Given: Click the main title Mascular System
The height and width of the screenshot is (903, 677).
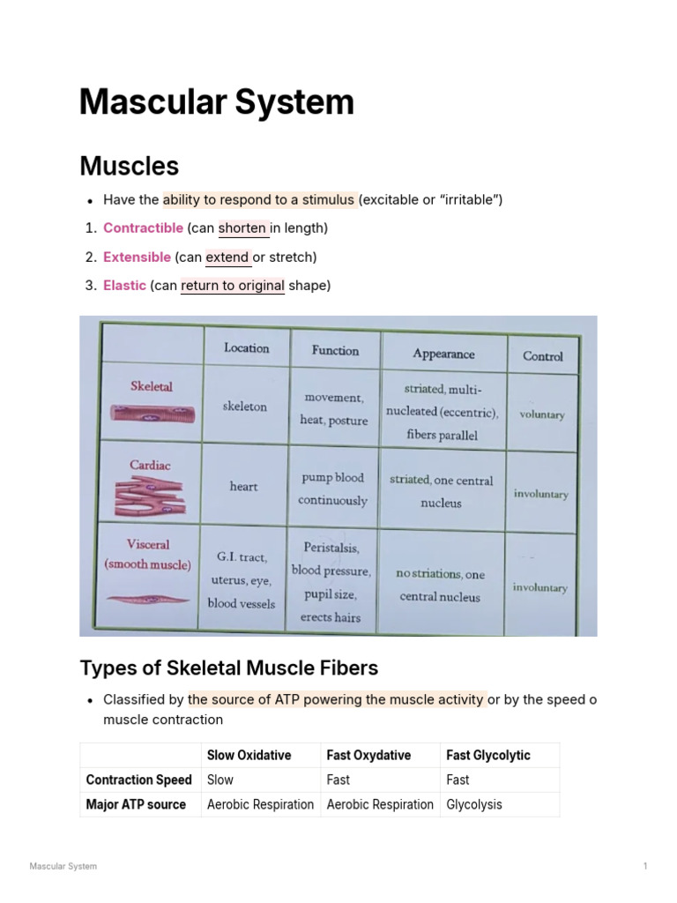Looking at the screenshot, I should coord(216,102).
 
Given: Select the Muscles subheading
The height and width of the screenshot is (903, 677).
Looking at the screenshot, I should coord(129,166).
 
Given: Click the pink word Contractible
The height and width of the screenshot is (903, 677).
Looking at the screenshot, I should coord(143,228).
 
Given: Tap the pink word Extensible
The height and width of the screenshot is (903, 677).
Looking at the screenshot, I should coord(137,257).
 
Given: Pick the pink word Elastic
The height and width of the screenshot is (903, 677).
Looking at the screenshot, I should coord(124,286).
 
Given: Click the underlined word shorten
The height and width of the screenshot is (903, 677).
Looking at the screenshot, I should coord(242,228).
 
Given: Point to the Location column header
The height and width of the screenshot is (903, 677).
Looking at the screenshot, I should coord(246,348).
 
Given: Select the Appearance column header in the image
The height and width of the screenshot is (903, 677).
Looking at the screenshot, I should coord(443,354).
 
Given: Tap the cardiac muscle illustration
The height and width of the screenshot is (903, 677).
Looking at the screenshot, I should coord(148,496).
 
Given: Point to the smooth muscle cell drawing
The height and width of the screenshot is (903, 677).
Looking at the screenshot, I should coord(148,599).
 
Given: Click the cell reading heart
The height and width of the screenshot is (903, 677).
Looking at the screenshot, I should coord(244,487).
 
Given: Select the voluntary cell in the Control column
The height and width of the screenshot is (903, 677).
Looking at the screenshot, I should coord(542,414).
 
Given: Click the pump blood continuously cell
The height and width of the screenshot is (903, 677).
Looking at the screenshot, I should coord(333,489).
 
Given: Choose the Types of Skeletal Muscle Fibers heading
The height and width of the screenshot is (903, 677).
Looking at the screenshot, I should coord(229,668).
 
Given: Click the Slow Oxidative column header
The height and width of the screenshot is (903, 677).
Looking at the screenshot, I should coord(249,755).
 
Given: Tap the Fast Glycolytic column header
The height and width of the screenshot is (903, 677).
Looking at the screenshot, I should coord(488,755).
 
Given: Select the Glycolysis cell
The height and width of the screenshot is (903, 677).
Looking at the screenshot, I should coord(474,804).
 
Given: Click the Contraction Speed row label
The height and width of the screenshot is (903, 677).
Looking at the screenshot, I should coord(138,780).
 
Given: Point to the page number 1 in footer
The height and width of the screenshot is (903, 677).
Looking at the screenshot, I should coord(645,866).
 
